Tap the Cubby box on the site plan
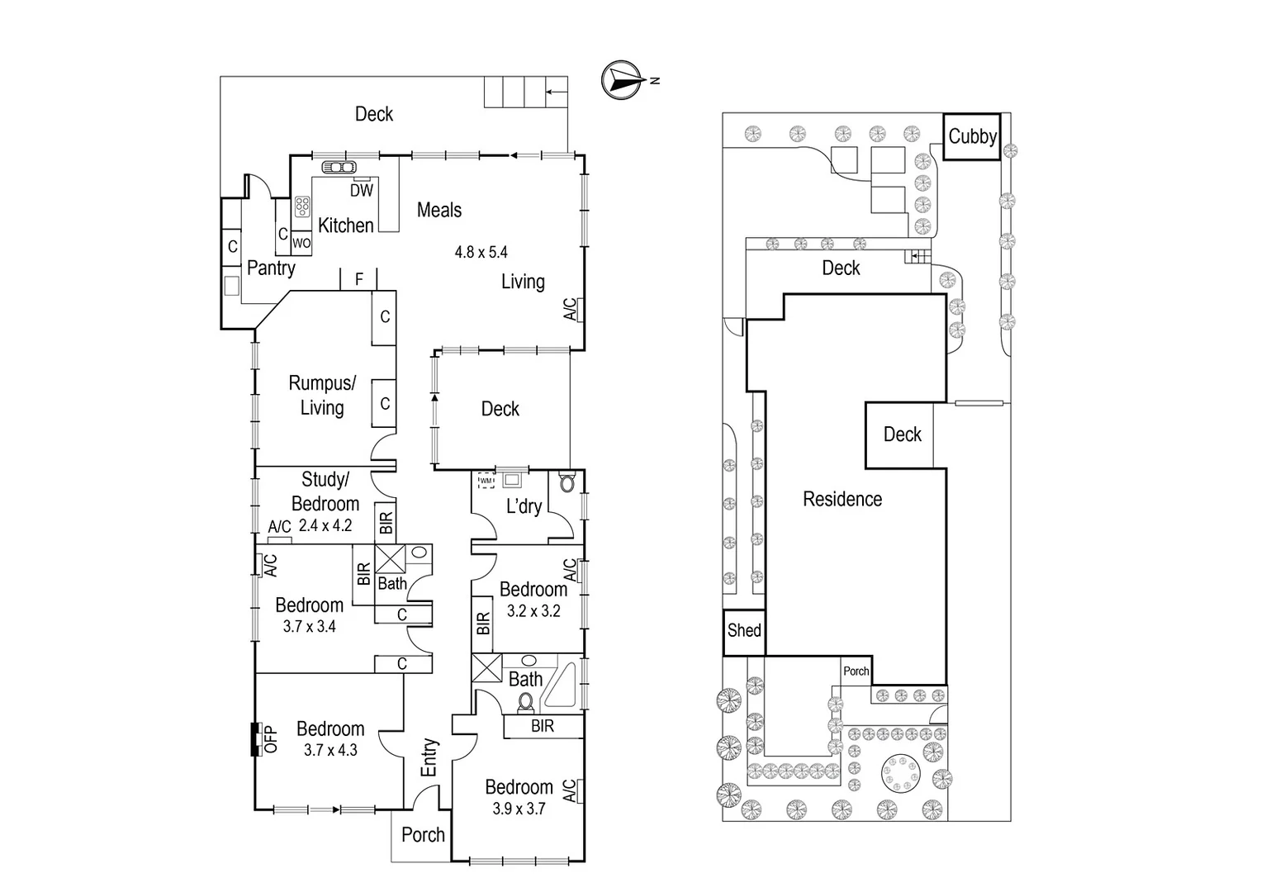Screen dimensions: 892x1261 (x=972, y=136)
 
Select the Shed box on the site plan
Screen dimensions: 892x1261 (x=743, y=631)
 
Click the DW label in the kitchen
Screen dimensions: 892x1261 (x=361, y=191)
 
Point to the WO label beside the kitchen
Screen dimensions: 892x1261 (x=301, y=244)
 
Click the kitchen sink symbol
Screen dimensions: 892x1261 (x=339, y=167)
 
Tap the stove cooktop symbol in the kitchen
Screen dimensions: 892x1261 (x=302, y=206)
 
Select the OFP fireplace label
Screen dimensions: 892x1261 (x=271, y=739)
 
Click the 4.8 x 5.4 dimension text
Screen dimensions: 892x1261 (x=481, y=252)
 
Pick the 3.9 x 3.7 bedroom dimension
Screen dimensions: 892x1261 (x=519, y=809)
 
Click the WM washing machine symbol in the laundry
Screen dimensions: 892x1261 (x=486, y=481)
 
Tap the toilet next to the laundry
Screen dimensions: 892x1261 (x=567, y=482)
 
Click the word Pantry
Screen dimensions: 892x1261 (x=271, y=268)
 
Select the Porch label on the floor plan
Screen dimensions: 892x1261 (x=423, y=835)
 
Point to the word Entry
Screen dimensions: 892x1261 (x=429, y=757)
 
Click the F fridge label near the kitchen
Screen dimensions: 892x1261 (x=359, y=280)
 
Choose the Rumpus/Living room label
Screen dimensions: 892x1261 (x=321, y=395)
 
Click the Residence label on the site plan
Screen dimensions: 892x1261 (x=842, y=499)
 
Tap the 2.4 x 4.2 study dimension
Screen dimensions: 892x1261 (x=325, y=525)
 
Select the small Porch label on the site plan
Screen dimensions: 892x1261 (x=856, y=671)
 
